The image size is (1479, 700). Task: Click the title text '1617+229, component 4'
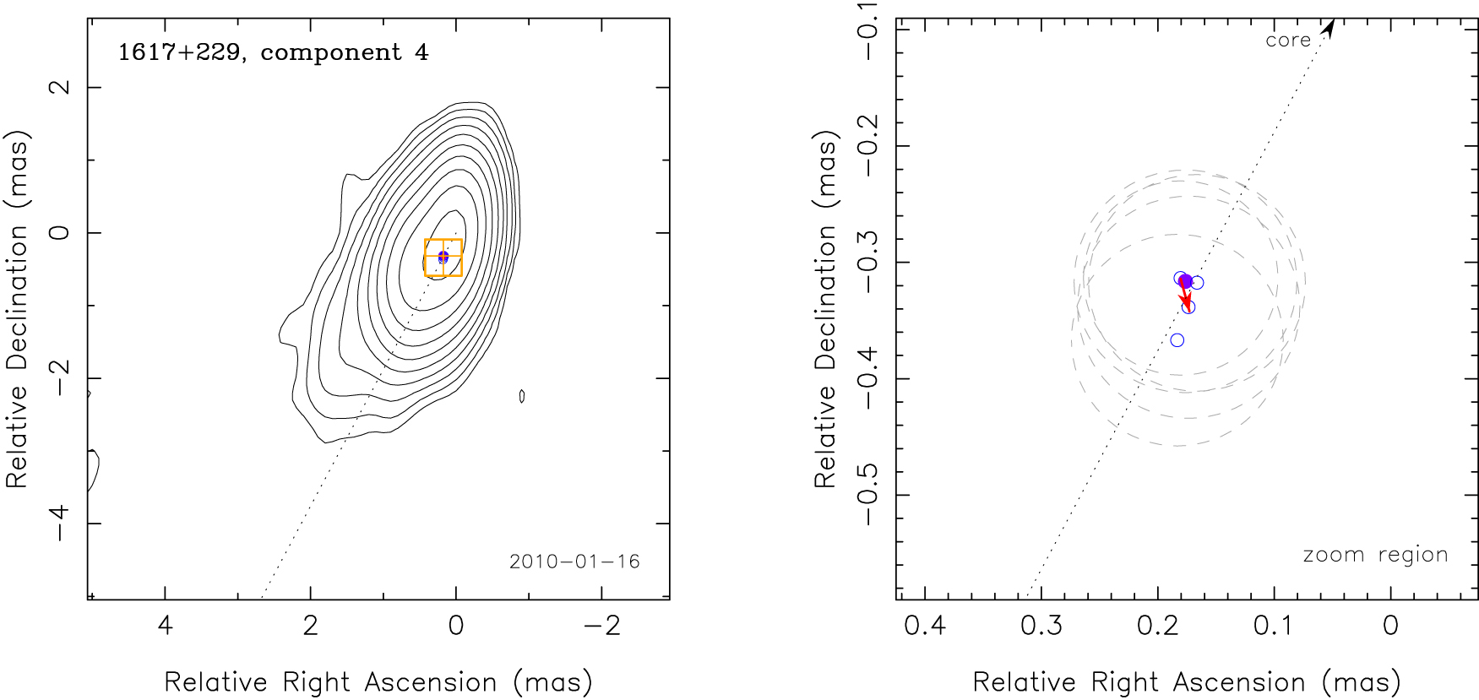(x=273, y=52)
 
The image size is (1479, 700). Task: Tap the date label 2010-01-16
(x=574, y=562)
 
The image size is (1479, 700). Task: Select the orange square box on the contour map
(x=443, y=258)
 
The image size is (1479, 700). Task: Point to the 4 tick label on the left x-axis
(x=166, y=626)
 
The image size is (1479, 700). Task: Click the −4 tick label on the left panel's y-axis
(x=59, y=524)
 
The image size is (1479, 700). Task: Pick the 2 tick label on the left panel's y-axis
(x=59, y=87)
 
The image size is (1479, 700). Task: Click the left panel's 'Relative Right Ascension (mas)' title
(x=378, y=682)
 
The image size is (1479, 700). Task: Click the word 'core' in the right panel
(x=1287, y=40)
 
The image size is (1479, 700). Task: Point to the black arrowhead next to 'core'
(x=1329, y=28)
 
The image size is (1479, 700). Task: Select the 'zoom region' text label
(x=1375, y=555)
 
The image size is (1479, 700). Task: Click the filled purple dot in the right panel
(x=1186, y=281)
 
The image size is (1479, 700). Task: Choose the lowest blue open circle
(x=1177, y=340)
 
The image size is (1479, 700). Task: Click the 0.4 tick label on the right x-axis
(x=925, y=626)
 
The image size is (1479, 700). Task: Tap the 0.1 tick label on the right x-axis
(x=1274, y=626)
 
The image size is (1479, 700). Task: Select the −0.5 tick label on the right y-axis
(x=867, y=495)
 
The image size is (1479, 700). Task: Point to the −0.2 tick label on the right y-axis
(x=867, y=146)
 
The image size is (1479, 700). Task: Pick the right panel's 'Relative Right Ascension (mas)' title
(x=1186, y=682)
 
